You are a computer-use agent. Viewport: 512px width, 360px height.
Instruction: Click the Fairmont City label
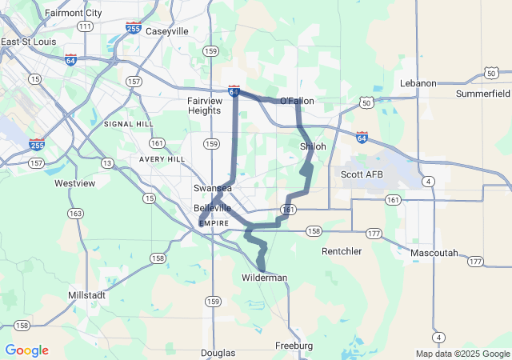click(x=73, y=13)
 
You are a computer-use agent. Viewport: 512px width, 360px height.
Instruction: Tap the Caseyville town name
click(x=167, y=31)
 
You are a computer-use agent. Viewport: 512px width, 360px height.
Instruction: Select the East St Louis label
click(x=27, y=42)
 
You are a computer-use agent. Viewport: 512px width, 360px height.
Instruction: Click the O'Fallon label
click(x=297, y=101)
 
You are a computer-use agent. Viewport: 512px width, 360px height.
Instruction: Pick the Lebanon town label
click(x=420, y=83)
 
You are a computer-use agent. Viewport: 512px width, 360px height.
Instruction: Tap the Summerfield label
click(x=482, y=94)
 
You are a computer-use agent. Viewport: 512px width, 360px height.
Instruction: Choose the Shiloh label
click(x=313, y=146)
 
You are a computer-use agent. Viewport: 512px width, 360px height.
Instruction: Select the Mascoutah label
click(x=434, y=253)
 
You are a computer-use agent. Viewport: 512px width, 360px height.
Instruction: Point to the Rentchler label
click(x=342, y=251)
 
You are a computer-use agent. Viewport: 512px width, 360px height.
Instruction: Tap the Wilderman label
click(x=264, y=278)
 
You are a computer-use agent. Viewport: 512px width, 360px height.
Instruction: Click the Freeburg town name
click(x=294, y=346)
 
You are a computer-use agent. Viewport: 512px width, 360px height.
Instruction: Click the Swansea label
click(x=213, y=188)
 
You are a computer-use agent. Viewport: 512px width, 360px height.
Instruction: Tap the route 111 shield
click(x=84, y=26)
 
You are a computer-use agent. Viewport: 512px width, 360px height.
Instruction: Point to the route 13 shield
click(x=107, y=163)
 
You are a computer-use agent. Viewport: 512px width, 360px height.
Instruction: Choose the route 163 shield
click(x=75, y=214)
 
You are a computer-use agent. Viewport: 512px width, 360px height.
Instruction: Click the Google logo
click(x=26, y=350)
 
